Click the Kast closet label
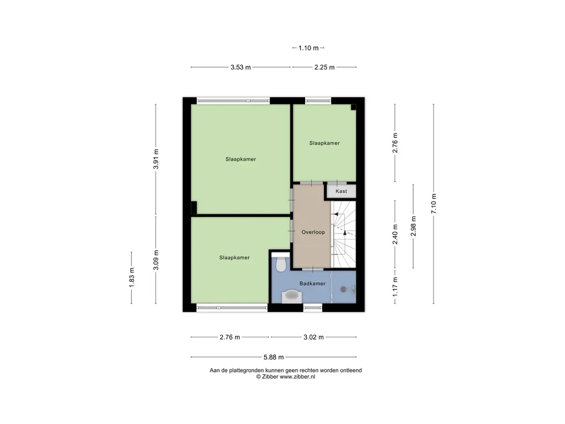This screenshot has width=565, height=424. click(341, 191)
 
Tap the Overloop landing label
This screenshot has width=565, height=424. click(313, 232)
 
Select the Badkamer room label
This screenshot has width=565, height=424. click(312, 283)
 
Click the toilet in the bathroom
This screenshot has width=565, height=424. click(280, 263)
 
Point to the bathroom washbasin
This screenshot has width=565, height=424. click(291, 296)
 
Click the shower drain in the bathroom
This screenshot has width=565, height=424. click(343, 289)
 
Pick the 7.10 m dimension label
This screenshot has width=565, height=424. click(434, 204)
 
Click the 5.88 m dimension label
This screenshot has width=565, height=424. click(274, 357)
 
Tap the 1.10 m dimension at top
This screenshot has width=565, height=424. click(308, 48)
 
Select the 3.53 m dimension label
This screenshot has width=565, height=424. click(241, 67)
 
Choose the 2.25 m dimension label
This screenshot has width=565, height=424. click(324, 67)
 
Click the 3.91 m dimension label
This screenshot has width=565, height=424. click(156, 159)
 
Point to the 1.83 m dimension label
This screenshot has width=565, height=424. click(131, 278)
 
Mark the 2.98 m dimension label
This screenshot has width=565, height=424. click(413, 226)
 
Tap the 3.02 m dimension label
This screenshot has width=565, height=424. click(313, 337)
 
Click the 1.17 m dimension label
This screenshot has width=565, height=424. click(395, 287)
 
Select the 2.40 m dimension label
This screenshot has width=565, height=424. click(395, 234)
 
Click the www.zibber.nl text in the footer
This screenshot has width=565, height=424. click(297, 377)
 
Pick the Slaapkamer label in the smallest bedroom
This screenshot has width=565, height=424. click(324, 143)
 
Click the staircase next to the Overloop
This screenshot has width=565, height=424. click(343, 234)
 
